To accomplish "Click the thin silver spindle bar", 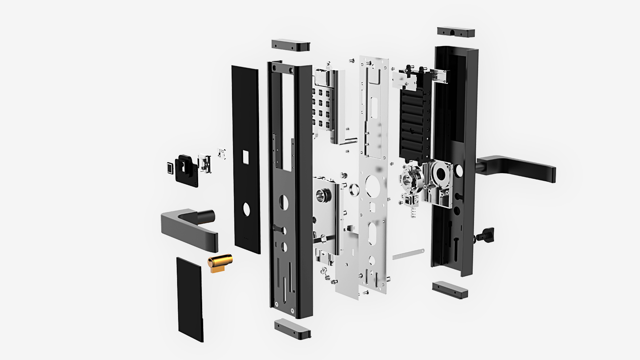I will (x=408, y=254).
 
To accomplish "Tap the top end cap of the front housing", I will (x=291, y=45).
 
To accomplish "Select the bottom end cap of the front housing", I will (x=292, y=329).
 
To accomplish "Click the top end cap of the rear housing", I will (x=456, y=32).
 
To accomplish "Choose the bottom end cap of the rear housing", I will (x=450, y=290).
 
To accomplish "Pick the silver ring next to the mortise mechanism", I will (x=354, y=190).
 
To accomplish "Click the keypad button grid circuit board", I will (x=322, y=108).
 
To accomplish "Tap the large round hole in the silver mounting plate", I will (x=372, y=185).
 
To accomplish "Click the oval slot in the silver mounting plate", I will (x=372, y=233).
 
